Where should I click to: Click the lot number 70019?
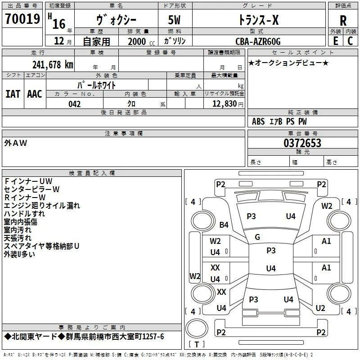pos(22,18)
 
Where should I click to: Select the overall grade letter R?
pos(343,21)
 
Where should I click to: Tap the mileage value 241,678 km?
pos(53,64)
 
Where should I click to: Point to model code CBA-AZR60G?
pos(258,41)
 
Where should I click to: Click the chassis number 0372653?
pos(302,143)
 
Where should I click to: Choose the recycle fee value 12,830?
pos(224,104)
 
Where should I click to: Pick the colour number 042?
pos(75,104)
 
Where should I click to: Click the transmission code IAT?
pos(13,94)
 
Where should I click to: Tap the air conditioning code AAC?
pos(35,94)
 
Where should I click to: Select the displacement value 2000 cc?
pos(141,41)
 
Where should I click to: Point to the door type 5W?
pos(174,20)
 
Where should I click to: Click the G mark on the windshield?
pos(257,237)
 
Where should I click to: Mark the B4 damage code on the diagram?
pos(224,225)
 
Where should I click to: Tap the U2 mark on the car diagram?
pos(320,308)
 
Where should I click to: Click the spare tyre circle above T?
pos(197,328)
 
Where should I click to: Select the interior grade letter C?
pos(350,41)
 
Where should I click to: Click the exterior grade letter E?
pos(336,41)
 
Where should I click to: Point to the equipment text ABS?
pos(258,121)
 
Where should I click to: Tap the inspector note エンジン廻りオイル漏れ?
pos(42,206)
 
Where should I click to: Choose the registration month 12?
pos(59,41)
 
